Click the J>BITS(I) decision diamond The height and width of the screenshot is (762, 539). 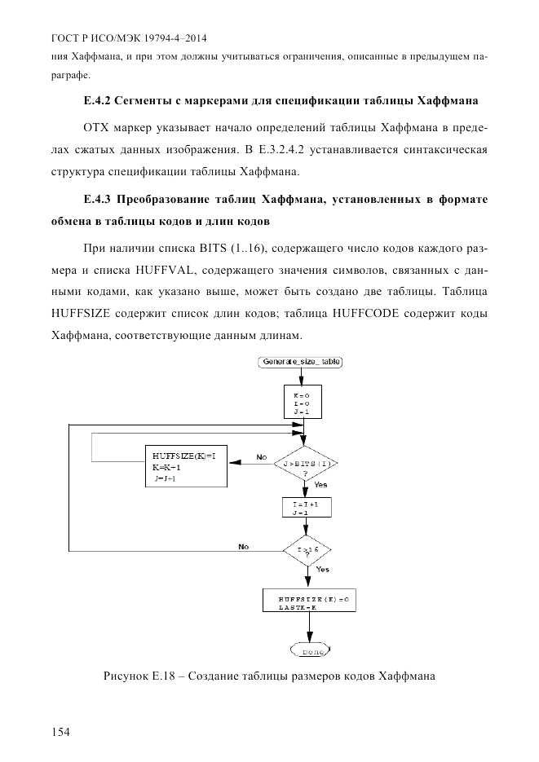point(307,465)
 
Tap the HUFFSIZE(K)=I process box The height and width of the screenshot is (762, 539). point(185,468)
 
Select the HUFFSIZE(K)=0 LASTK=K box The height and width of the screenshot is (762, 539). point(311,602)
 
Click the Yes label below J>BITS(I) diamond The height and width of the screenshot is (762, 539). point(320,485)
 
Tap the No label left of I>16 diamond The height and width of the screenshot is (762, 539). point(243,546)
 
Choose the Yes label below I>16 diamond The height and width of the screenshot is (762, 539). point(322,569)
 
